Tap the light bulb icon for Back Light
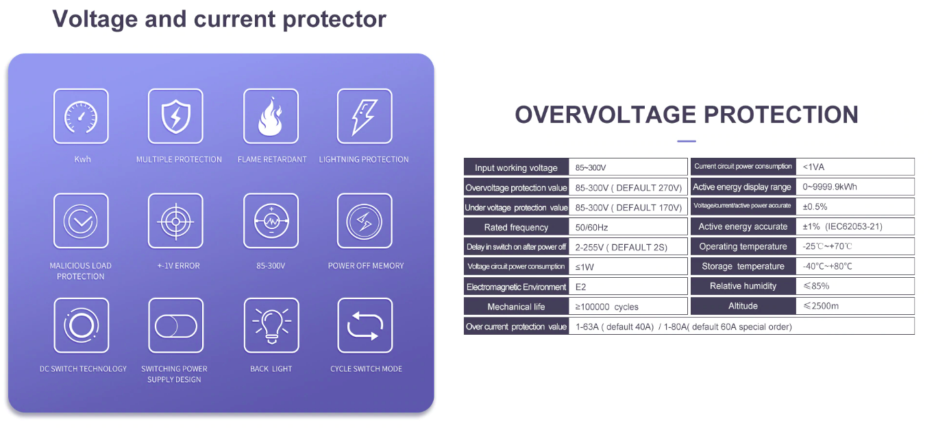pos(271,326)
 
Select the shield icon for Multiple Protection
pos(176,117)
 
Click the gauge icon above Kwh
pos(81,117)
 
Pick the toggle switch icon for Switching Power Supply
pos(176,326)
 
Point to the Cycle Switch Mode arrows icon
pos(365,325)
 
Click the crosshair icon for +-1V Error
pos(176,221)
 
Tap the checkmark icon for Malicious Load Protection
pos(81,221)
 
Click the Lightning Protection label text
pos(364,159)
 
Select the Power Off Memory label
pos(366,265)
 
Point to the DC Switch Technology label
pos(83,369)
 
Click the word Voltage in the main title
pos(95,19)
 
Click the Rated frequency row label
pos(516,227)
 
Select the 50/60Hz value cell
pos(591,228)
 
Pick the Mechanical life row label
pos(516,307)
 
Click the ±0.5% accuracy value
pos(815,206)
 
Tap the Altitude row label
pos(743,306)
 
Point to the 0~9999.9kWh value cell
pos(829,187)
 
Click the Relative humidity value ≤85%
pos(816,286)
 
